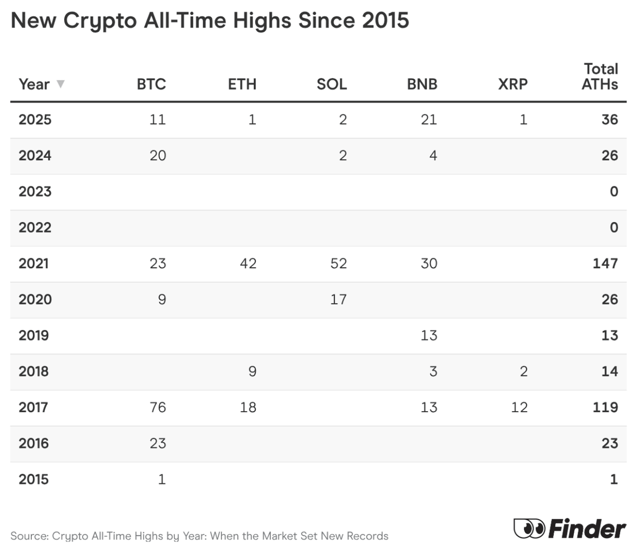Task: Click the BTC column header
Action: (151, 84)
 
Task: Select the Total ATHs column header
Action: (601, 77)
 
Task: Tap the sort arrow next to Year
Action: (60, 84)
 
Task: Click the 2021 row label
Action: (34, 263)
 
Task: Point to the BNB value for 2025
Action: (429, 120)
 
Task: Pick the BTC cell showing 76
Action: (158, 407)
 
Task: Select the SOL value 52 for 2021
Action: (338, 263)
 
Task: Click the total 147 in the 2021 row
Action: (605, 263)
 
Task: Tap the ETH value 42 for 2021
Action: (248, 263)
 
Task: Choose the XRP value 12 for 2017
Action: (519, 407)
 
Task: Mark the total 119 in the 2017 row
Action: (605, 407)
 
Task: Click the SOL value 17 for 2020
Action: (338, 299)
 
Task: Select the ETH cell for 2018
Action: (252, 371)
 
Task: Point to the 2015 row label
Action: (34, 479)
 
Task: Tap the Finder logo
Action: (570, 529)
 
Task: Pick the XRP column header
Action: (512, 84)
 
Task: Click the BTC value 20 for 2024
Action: (158, 155)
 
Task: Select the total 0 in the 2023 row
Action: (614, 192)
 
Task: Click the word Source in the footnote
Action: (28, 536)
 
